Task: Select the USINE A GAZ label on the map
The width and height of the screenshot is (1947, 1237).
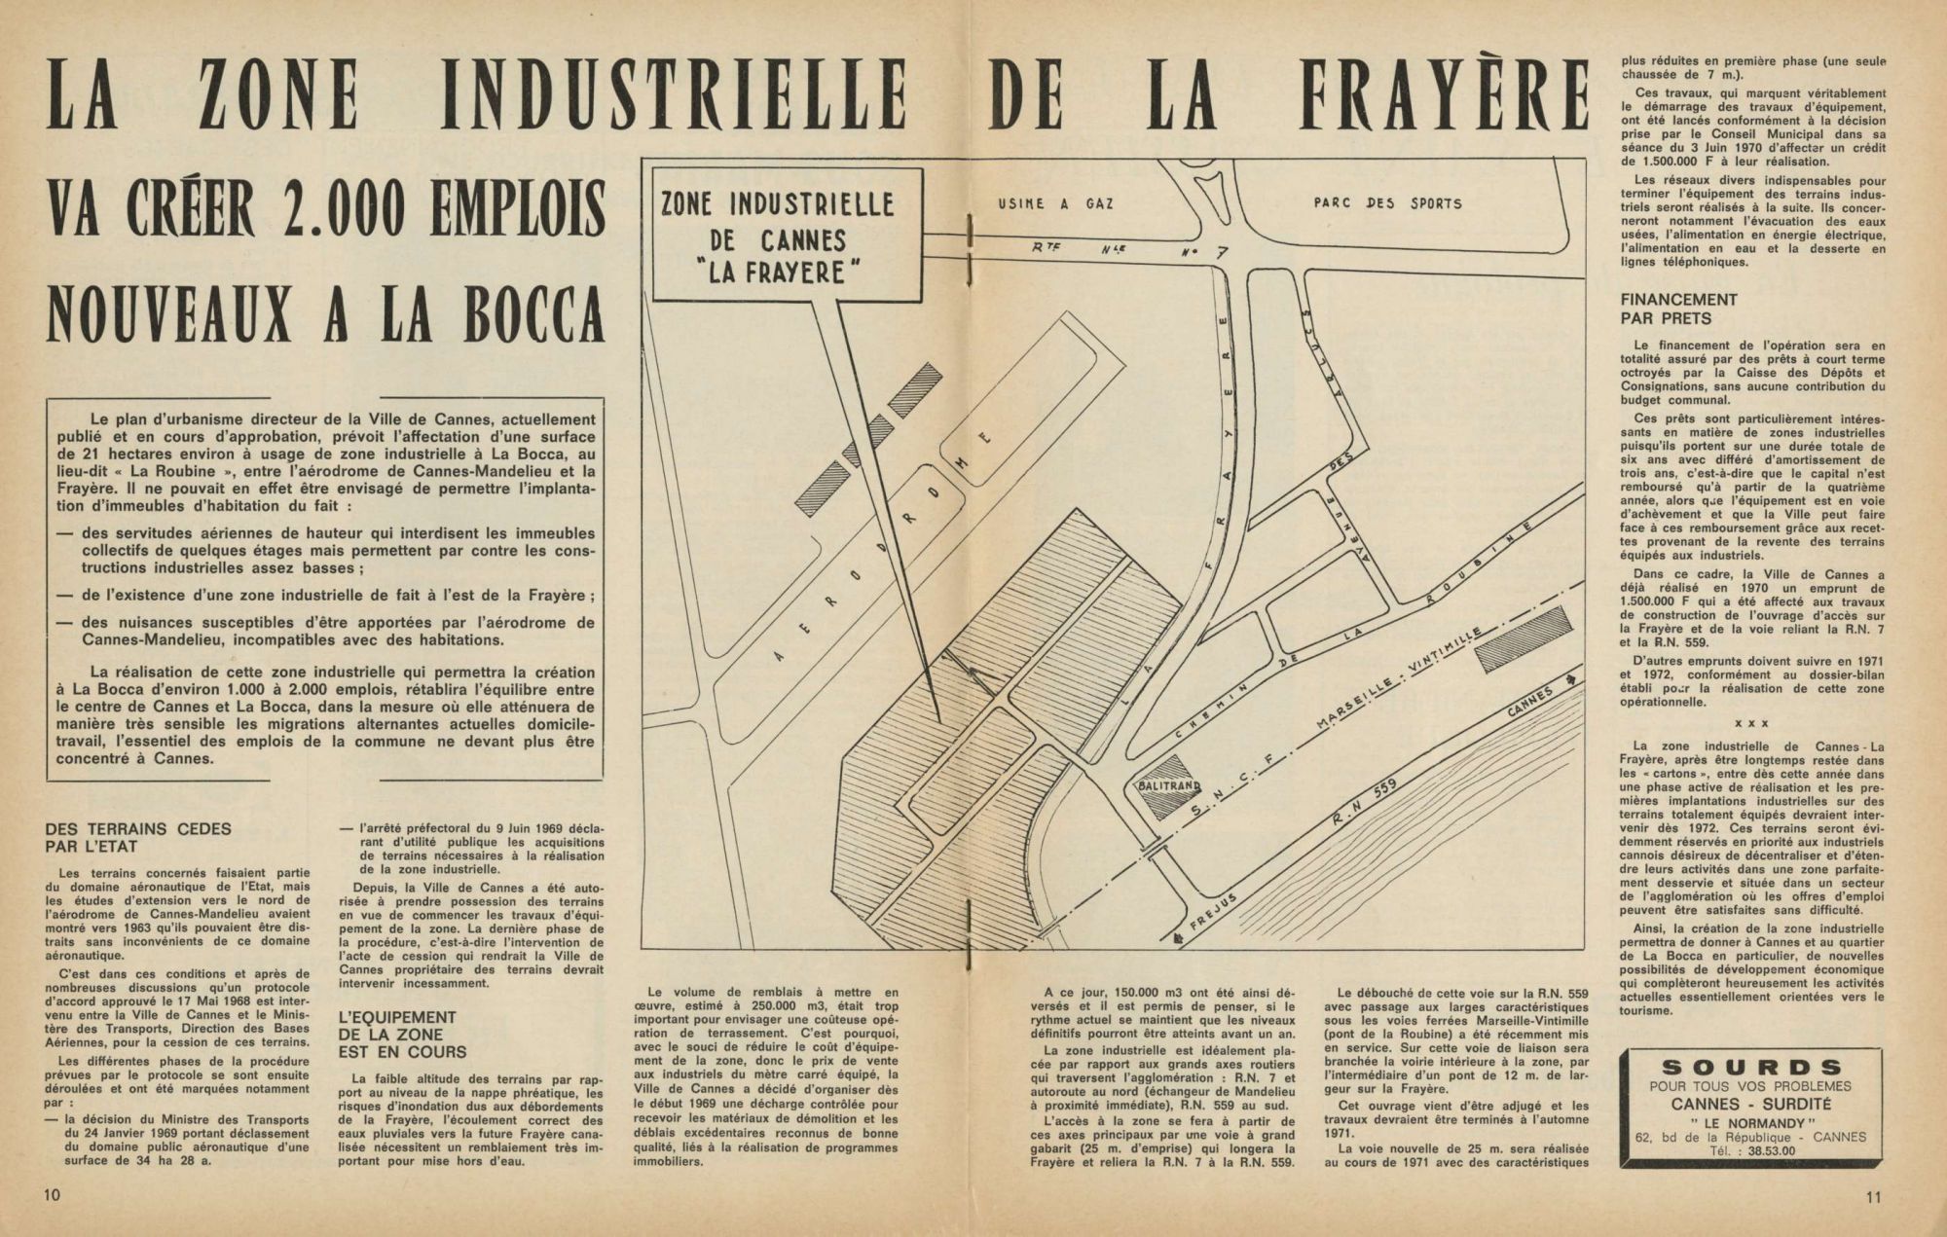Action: tap(1055, 205)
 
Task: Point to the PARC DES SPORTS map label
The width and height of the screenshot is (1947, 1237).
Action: tap(1387, 204)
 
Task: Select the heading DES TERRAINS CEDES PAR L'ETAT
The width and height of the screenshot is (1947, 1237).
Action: tap(138, 838)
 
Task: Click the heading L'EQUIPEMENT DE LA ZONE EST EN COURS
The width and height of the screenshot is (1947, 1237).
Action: tap(396, 1035)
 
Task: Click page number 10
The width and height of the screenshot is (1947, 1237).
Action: tap(53, 1196)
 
